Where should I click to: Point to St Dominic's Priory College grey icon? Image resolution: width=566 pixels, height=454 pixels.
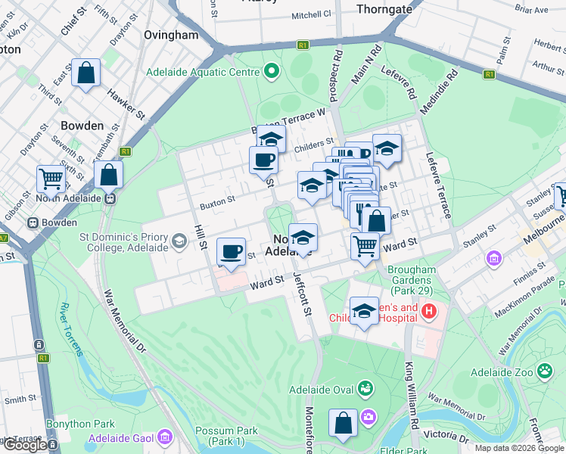[x=179, y=241]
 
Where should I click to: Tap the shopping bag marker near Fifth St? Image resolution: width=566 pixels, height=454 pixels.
[x=86, y=73]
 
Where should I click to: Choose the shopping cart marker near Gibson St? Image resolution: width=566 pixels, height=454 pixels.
[x=51, y=179]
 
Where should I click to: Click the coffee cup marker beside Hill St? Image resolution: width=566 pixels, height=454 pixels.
[x=231, y=250]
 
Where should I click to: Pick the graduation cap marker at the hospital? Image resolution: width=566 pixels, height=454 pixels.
[x=364, y=311]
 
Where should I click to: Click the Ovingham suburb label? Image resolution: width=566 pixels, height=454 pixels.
[x=170, y=35]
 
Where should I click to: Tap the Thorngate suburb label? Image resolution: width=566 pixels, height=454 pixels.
[x=384, y=9]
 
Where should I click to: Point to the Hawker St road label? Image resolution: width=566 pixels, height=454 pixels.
[x=126, y=104]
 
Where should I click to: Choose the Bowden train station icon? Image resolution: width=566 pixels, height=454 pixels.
[x=33, y=223]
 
